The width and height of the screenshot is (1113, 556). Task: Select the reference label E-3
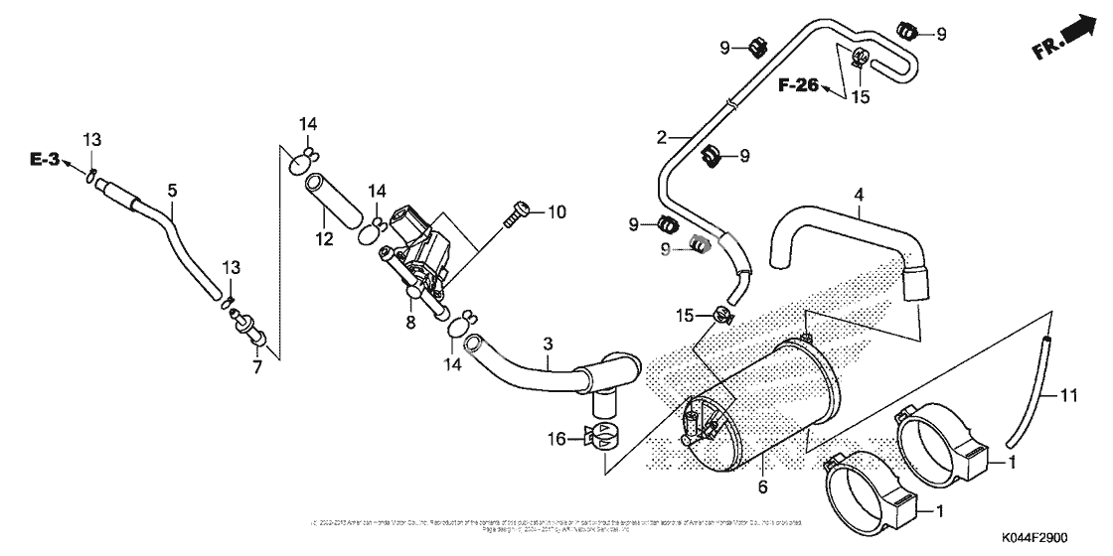click(x=44, y=159)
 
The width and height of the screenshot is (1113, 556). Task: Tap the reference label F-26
click(x=798, y=85)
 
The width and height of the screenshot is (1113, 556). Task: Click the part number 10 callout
click(x=556, y=210)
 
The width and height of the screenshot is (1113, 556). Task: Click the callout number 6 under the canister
click(x=762, y=486)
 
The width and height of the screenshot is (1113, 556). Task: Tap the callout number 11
click(x=1068, y=396)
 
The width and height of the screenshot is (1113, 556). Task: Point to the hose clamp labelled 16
click(x=603, y=437)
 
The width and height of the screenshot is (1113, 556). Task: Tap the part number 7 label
click(x=256, y=367)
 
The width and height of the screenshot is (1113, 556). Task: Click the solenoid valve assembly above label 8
click(x=417, y=248)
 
